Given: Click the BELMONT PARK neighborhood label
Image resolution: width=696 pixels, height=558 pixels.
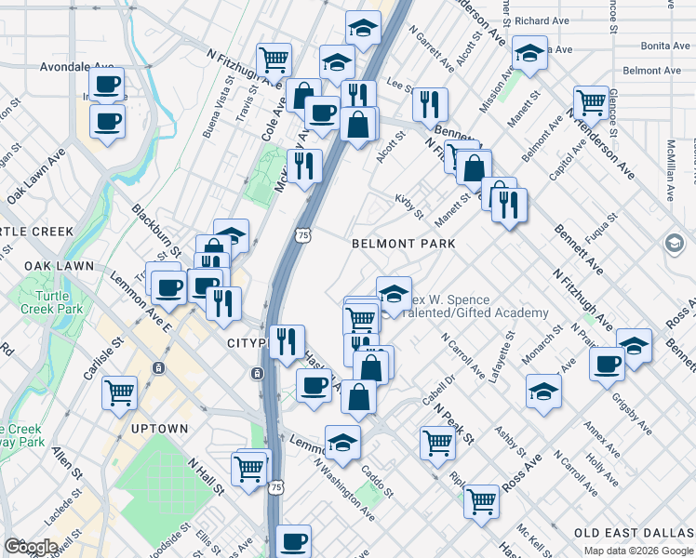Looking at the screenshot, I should (403, 244).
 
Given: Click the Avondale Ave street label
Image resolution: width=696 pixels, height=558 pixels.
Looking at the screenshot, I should (76, 67).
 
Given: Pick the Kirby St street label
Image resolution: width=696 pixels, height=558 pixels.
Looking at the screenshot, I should (408, 206).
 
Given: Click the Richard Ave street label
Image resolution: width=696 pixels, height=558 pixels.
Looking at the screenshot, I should (541, 20).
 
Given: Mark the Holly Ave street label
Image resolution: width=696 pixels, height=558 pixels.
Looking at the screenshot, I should (603, 470).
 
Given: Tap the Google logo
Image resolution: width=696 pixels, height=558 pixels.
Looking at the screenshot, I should (31, 547).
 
